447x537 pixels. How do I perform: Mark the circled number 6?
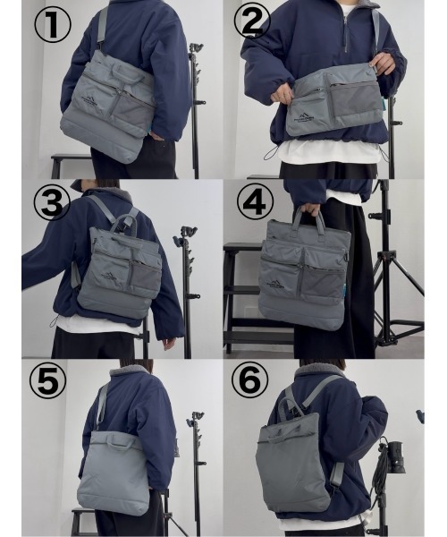(x=250, y=382)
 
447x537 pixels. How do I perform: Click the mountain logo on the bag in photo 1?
(x=90, y=100)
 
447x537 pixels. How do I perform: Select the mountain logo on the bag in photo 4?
(x=277, y=284)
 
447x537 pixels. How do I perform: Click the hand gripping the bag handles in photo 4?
(x=308, y=212)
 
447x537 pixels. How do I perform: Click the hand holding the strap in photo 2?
(x=382, y=63)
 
